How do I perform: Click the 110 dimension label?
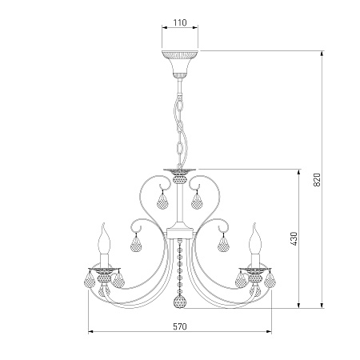pos(180,22)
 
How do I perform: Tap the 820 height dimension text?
pos(317,180)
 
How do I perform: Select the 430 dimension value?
pos(294,238)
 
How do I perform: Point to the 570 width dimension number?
pos(180,326)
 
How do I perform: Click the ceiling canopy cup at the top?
pos(180,63)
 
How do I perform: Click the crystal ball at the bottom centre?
pos(180,302)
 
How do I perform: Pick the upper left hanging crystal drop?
pos(162,201)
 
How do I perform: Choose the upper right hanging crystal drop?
pos(197,201)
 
